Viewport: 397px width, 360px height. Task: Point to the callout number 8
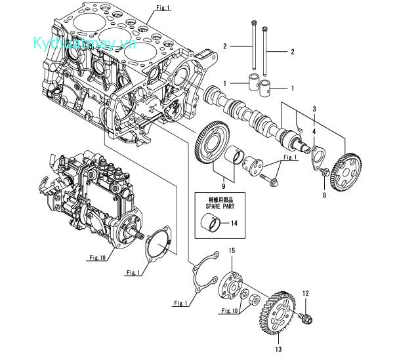click(324, 193)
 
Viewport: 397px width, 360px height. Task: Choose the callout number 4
click(314, 131)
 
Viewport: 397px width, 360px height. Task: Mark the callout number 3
click(314, 108)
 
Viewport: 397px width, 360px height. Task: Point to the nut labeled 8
click(324, 172)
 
